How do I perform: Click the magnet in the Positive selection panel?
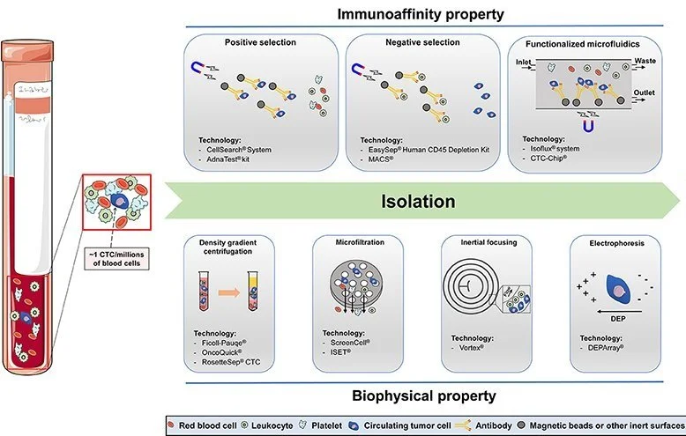(x=199, y=70)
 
